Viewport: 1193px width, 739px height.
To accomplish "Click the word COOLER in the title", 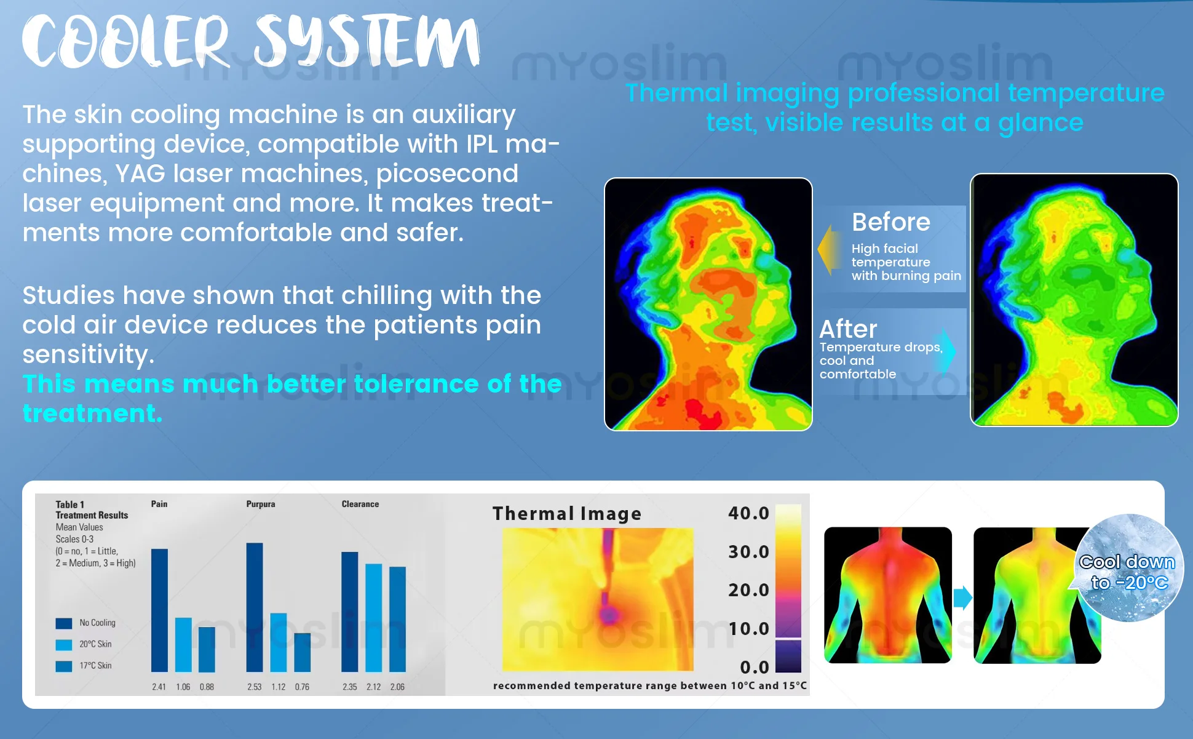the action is click(x=126, y=41).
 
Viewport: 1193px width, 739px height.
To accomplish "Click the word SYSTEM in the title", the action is click(x=368, y=41).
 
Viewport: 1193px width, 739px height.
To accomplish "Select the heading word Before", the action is click(x=891, y=222).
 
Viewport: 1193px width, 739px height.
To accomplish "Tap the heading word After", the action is click(x=848, y=329).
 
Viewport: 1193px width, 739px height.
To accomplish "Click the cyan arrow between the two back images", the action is click(x=963, y=597).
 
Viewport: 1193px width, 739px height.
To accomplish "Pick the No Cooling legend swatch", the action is click(x=64, y=623).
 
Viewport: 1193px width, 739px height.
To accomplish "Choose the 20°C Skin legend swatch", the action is click(x=64, y=645).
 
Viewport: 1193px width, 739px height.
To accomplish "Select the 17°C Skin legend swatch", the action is click(x=64, y=666).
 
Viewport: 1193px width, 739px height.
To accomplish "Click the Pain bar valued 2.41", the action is click(x=159, y=610).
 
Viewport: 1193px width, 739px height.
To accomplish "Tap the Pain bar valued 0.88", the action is click(x=207, y=649).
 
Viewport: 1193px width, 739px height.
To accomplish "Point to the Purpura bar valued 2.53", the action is click(x=255, y=607).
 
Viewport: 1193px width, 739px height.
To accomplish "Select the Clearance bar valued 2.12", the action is click(x=374, y=618).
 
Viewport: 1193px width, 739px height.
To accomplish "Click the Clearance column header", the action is click(x=360, y=504).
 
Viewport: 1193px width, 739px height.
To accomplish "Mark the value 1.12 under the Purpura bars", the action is click(x=279, y=687).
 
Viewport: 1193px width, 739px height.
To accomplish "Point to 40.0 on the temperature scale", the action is click(x=748, y=513).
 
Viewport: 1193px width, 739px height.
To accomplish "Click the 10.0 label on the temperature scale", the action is click(x=748, y=629).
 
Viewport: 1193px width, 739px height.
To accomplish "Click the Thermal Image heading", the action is click(x=567, y=514).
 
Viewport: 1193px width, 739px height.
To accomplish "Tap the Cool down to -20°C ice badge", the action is click(x=1128, y=568).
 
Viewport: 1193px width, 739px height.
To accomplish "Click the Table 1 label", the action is click(x=70, y=505).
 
